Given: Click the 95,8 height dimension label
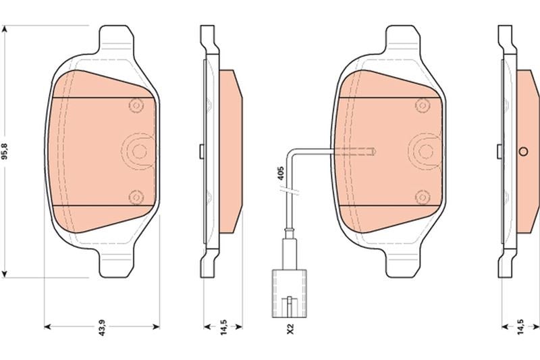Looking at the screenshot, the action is coord(5,151).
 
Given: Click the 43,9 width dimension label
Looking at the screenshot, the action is coord(102,328).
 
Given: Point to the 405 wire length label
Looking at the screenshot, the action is coord(280,174).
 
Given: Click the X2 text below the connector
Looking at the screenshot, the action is coord(290,328).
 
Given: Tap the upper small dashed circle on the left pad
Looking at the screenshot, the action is coord(136,105).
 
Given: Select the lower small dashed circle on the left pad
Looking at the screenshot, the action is coord(136,197).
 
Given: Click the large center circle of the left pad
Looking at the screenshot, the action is coord(139,151).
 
